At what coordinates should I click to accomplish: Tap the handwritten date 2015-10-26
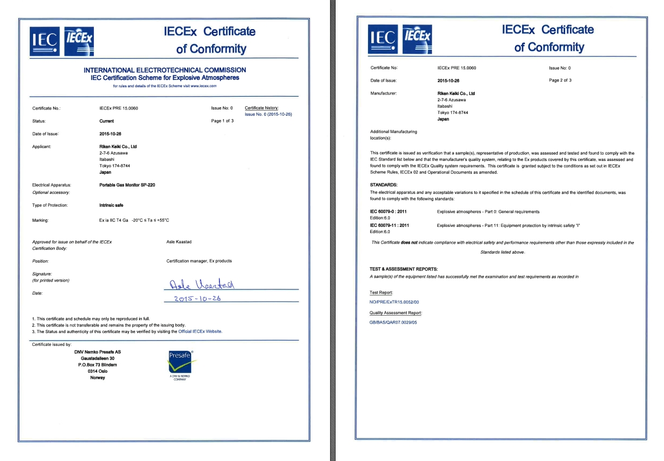coord(198,298)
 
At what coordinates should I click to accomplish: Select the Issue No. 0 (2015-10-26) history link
coord(268,114)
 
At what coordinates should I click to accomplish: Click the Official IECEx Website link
coord(200,331)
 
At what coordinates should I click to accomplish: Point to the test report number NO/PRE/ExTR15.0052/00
coord(394,302)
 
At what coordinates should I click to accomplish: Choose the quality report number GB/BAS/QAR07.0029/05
coord(393,322)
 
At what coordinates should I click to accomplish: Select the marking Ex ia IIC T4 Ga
coord(114,220)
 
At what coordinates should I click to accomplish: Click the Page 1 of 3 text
coord(222,121)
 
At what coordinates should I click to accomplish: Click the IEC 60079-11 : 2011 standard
coord(390,225)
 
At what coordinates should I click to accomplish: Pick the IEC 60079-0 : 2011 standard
coord(389,212)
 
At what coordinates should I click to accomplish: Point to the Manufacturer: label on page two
coord(383,93)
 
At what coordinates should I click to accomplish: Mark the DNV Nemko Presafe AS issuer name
coord(98,351)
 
